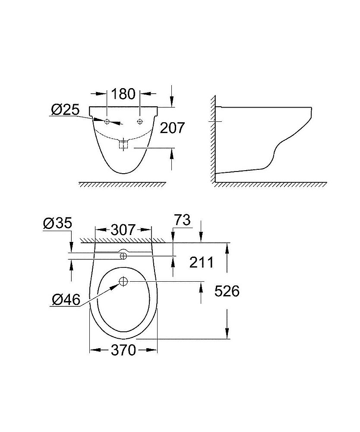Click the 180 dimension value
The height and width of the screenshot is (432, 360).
[123, 94]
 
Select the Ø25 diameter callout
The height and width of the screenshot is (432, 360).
[65, 110]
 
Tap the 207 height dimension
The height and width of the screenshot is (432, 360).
[172, 128]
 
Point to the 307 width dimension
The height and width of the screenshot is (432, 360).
[123, 230]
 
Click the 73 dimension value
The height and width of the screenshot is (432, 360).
[182, 220]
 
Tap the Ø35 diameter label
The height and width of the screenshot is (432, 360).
[57, 224]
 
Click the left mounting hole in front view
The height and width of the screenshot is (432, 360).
[107, 121]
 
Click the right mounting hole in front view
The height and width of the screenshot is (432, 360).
[139, 121]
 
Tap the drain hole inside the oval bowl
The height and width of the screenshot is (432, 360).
[123, 282]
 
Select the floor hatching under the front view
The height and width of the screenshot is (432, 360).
[123, 184]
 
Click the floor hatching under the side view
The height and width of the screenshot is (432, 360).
[268, 184]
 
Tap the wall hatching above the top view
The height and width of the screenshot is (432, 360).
[123, 240]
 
